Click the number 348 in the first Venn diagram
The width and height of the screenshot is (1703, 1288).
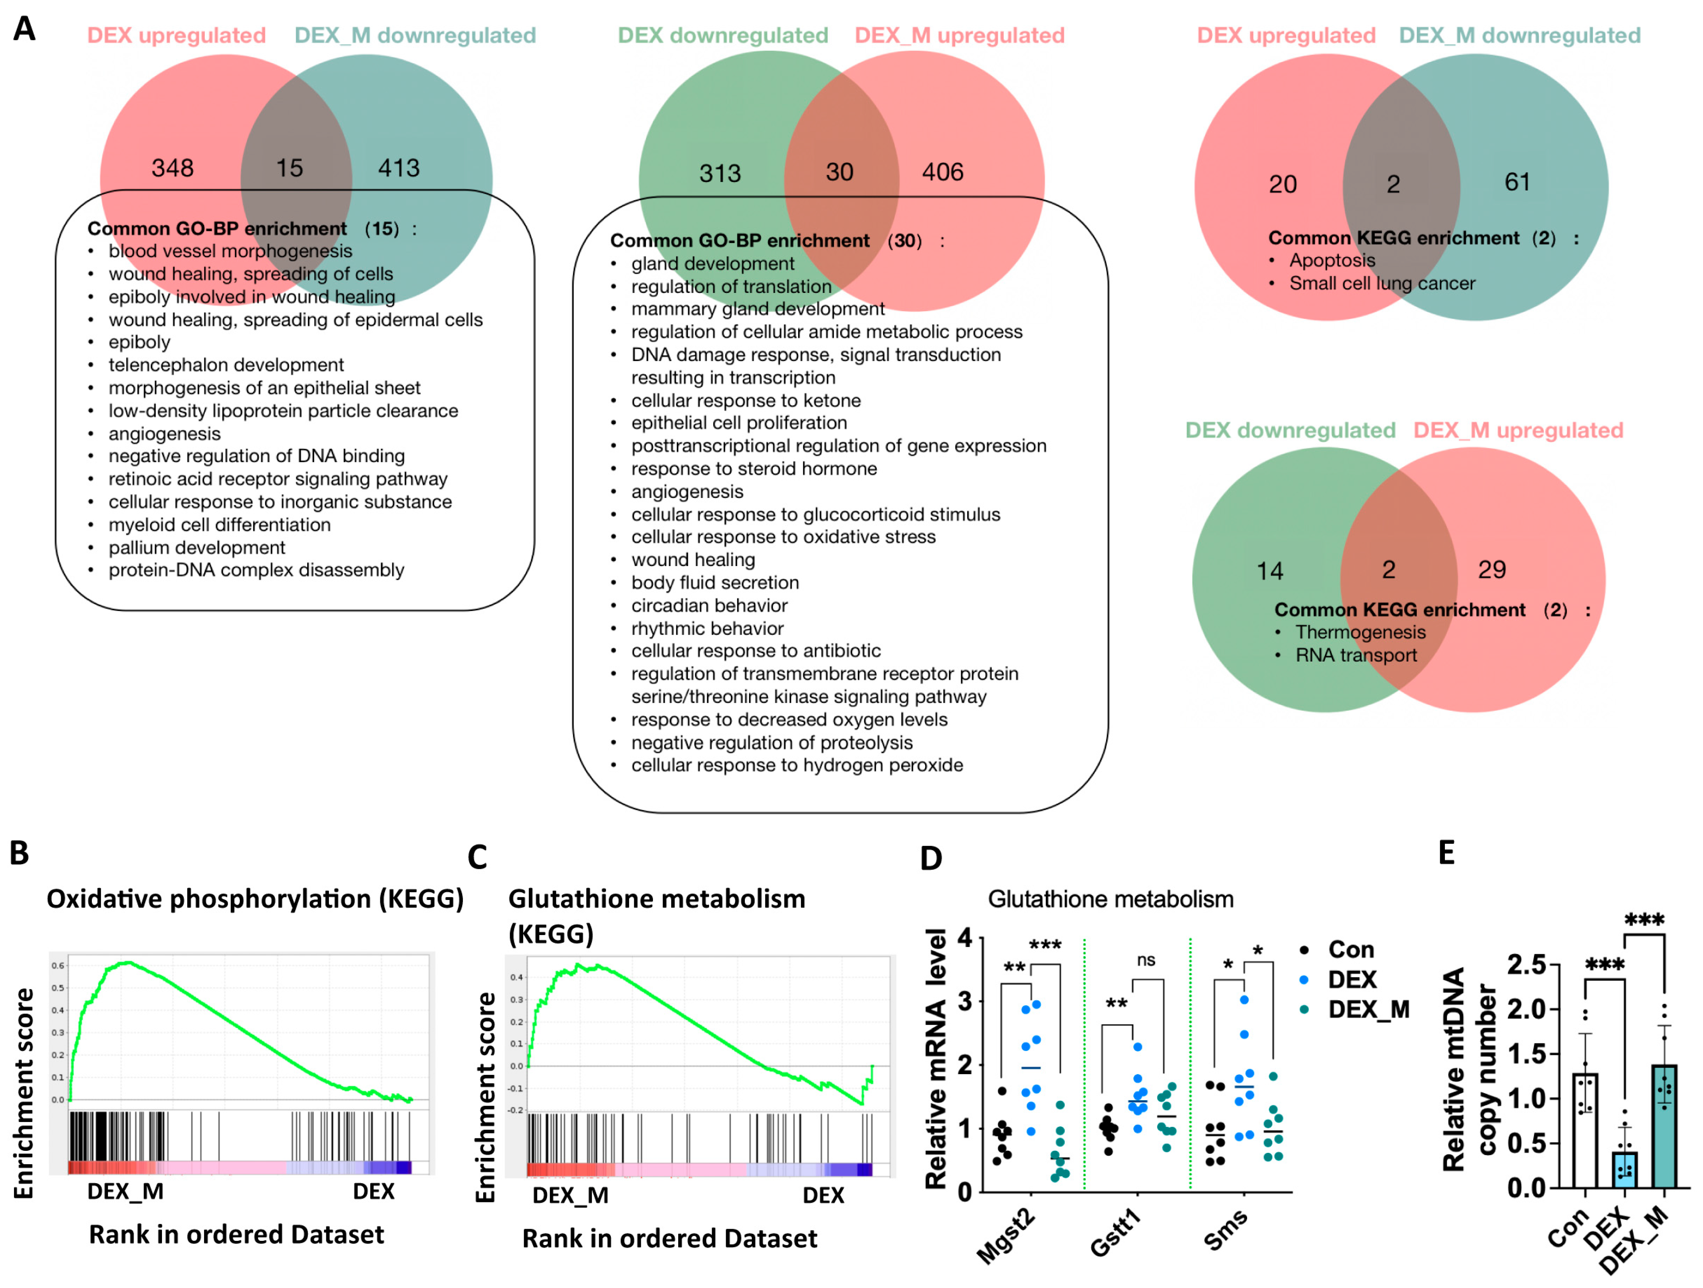(172, 168)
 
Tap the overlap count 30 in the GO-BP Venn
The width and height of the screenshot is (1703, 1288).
(839, 172)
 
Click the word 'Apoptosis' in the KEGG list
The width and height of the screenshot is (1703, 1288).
(1332, 260)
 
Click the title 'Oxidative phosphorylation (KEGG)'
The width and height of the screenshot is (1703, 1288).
(255, 899)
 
